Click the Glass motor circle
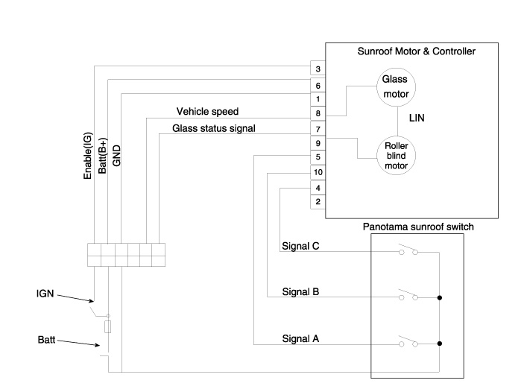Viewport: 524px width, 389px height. [396, 86]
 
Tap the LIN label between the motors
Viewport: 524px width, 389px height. [418, 118]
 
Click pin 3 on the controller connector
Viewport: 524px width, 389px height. [318, 70]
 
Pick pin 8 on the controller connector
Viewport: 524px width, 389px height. [318, 113]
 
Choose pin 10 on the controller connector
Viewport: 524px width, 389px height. [318, 172]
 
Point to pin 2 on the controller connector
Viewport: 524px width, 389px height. [318, 202]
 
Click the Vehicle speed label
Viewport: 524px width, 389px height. [207, 112]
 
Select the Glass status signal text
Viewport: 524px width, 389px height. [214, 128]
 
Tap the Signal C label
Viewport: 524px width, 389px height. [301, 247]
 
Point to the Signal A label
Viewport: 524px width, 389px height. [301, 338]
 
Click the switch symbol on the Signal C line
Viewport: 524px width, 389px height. [408, 251]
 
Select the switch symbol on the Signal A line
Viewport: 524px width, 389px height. [408, 343]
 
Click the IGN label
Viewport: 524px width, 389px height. [47, 294]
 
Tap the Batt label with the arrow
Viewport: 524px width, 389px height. [46, 340]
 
